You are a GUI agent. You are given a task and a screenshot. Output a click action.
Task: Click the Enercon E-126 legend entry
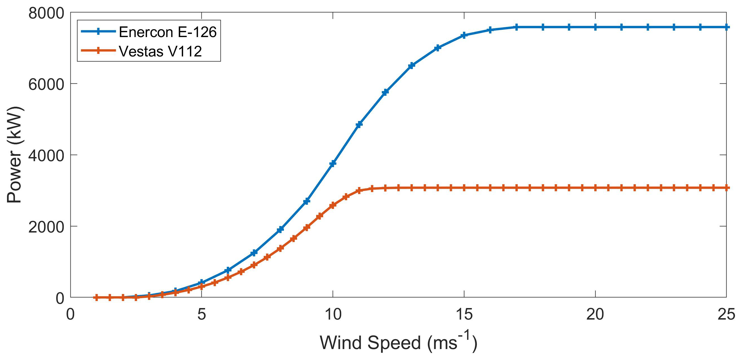point(167,32)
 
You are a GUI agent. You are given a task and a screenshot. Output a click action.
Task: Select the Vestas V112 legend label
point(160,51)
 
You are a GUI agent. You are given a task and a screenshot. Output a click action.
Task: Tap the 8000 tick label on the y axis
point(46,13)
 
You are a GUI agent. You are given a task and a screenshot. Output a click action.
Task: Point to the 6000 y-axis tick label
point(46,85)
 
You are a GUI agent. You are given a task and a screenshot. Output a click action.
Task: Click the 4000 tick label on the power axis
point(46,156)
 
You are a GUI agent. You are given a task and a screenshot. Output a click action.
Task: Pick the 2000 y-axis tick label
point(46,227)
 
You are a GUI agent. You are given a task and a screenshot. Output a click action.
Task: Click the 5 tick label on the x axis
point(202,314)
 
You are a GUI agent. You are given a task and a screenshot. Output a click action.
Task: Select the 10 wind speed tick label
point(333,314)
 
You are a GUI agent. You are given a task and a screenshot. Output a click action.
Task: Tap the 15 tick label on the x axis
point(464,314)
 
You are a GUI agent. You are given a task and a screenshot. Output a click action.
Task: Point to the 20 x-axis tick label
point(595,314)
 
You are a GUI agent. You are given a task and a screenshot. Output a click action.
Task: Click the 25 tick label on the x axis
point(726,314)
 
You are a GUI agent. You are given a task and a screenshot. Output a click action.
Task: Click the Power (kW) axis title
point(14,155)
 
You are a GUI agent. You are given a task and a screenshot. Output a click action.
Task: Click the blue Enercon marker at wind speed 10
point(333,163)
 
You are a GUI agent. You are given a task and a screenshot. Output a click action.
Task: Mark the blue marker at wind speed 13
point(412,65)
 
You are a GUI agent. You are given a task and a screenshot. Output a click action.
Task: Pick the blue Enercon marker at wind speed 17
point(516,27)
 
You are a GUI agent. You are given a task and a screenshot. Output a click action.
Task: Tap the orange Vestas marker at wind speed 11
point(359,190)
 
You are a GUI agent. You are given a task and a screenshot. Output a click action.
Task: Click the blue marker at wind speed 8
point(281,229)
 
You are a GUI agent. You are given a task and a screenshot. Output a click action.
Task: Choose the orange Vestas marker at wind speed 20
point(595,188)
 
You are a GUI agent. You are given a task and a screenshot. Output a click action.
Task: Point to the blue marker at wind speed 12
point(385,92)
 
